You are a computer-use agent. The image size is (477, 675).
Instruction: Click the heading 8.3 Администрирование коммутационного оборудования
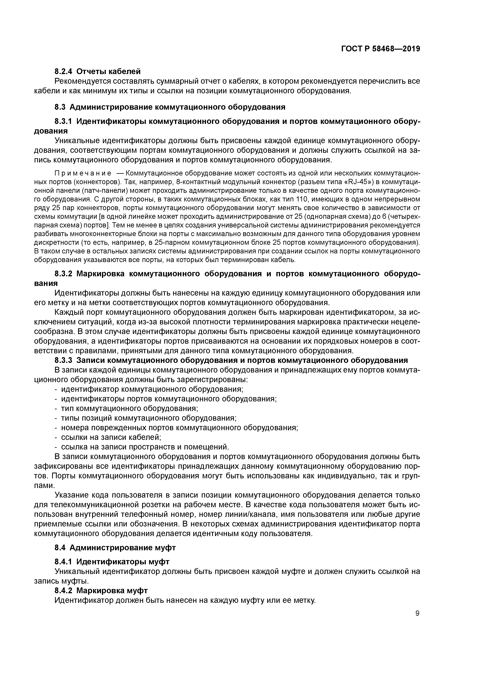[x=170, y=107]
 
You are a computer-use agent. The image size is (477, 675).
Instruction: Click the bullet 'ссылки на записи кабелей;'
[x=111, y=437]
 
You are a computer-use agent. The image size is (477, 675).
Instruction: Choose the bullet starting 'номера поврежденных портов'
[x=179, y=428]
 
